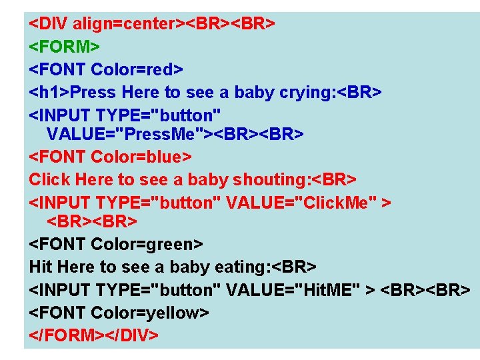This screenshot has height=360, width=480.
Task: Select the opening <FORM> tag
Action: (64, 47)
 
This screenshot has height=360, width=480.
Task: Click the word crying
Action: (302, 91)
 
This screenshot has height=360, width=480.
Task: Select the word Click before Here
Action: (50, 179)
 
